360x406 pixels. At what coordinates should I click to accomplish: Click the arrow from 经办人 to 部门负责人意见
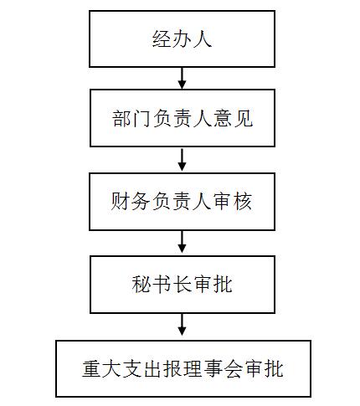[x=182, y=78]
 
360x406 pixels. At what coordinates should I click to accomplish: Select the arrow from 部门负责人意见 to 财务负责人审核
[x=182, y=160]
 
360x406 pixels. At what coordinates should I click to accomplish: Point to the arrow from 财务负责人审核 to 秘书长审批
[x=182, y=242]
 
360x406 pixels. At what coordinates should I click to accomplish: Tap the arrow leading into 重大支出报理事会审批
[x=182, y=325]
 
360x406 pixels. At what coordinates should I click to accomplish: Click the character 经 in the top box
[x=162, y=39]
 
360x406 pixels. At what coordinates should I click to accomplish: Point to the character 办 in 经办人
[x=182, y=39]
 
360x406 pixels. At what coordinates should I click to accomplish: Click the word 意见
[x=233, y=118]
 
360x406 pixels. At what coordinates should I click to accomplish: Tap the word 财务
[x=130, y=201]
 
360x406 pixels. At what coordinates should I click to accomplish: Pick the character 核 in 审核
[x=243, y=201]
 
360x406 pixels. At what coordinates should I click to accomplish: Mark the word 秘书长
[x=162, y=285]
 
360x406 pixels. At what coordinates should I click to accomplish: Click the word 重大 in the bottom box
[x=102, y=369]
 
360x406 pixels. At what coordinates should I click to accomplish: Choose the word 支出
[x=142, y=369]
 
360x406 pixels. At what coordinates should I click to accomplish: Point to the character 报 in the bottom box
[x=172, y=369]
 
